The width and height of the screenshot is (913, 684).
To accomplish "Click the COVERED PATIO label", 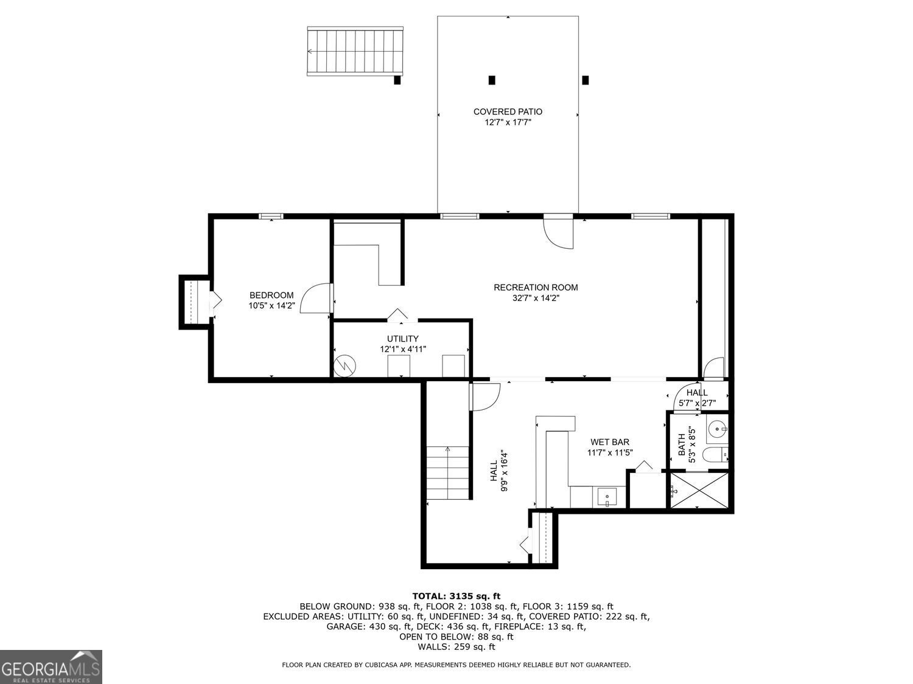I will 508,112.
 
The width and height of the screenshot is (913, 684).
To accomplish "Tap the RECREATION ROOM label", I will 536,288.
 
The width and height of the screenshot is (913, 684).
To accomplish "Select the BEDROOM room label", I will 271,295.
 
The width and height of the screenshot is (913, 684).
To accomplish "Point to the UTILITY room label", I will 402,339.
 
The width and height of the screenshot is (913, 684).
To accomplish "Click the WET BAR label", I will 609,442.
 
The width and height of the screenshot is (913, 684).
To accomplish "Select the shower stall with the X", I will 698,490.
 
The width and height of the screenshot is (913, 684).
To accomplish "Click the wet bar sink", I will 607,497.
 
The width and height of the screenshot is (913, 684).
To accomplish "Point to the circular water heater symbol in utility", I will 345,365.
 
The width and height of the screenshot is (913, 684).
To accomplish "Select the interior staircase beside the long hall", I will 449,472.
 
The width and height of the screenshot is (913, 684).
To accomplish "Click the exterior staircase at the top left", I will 355,51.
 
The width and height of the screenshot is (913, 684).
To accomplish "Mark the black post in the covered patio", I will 492,80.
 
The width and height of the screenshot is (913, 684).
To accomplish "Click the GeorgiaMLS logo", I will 51,667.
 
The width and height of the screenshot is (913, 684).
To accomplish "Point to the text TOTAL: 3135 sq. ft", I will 456,596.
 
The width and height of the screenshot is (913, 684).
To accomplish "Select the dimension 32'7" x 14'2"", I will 536,299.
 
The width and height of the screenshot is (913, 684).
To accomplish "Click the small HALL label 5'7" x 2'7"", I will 697,398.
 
